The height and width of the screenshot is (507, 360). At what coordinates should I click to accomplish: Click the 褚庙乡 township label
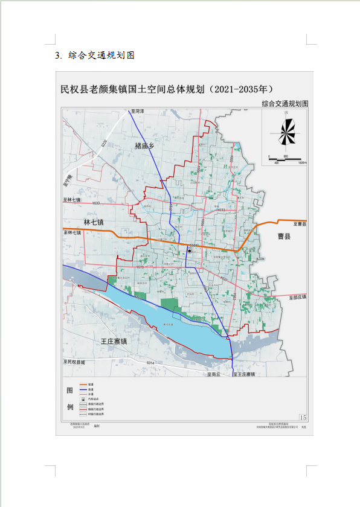(x=146, y=145)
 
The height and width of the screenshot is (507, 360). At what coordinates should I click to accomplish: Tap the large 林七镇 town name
(x=94, y=222)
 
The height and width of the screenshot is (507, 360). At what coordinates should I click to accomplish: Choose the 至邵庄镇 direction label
(x=298, y=297)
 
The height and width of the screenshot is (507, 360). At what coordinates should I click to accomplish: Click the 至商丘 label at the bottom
(x=215, y=374)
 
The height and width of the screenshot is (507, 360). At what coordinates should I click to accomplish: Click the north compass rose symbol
(x=286, y=132)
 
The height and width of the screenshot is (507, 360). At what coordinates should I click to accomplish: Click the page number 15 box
(x=303, y=418)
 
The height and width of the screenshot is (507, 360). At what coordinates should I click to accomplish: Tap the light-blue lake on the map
(x=175, y=329)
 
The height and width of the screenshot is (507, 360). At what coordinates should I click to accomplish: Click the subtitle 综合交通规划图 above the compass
(x=285, y=104)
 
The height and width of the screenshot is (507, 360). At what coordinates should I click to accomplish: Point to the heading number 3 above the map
(x=57, y=56)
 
